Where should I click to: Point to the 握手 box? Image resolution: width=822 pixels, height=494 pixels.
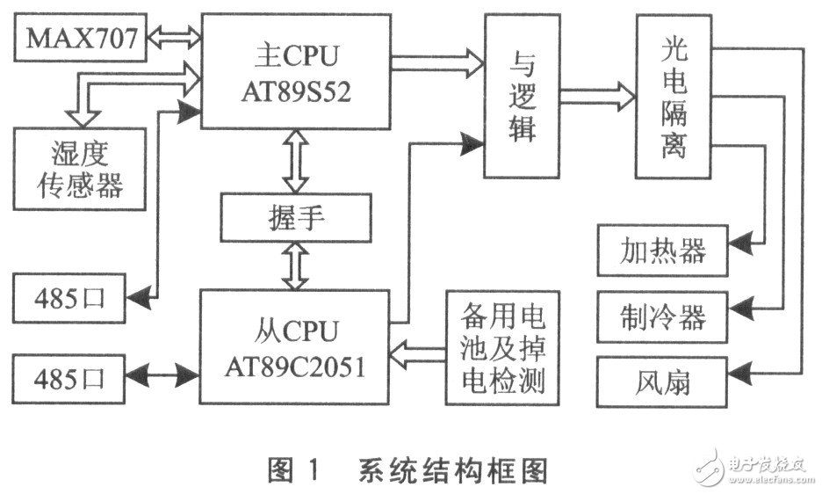[x=294, y=217]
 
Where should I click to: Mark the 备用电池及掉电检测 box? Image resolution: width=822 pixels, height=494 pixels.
[x=502, y=347]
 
